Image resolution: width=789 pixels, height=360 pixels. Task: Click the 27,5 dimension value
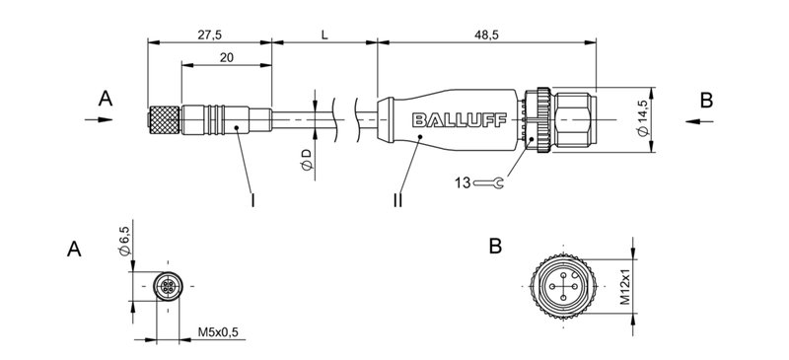[x=208, y=34]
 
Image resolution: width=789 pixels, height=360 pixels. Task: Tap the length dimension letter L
[x=324, y=34]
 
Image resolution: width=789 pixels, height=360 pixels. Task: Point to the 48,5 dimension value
[x=488, y=34]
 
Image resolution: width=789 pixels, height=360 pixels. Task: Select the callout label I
[x=253, y=199]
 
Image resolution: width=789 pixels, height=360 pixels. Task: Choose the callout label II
[x=397, y=199]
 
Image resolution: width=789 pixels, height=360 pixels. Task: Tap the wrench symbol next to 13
[x=490, y=181]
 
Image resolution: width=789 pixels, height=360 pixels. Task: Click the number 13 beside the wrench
[x=463, y=181]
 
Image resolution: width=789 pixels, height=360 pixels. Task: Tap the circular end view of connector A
[x=169, y=286]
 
